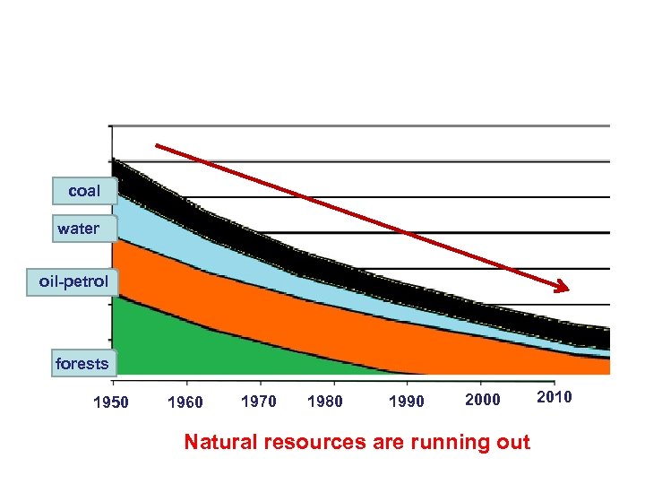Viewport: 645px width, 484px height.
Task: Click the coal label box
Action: tap(84, 191)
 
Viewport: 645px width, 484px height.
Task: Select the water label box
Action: tap(78, 229)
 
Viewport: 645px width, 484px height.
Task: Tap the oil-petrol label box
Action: tap(73, 281)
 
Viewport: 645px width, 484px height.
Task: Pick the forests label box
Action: tap(82, 363)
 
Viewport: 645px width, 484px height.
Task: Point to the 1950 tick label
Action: tap(111, 402)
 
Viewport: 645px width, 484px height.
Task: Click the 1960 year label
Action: tap(185, 402)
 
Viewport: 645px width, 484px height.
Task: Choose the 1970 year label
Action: tap(259, 401)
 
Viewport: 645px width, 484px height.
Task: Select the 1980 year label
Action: tap(324, 401)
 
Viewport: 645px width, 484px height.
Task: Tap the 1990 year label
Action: tap(407, 402)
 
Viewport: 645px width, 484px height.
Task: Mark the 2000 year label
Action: tap(483, 400)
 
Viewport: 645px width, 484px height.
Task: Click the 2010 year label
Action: tap(554, 397)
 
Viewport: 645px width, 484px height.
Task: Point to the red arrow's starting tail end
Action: tap(159, 145)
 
